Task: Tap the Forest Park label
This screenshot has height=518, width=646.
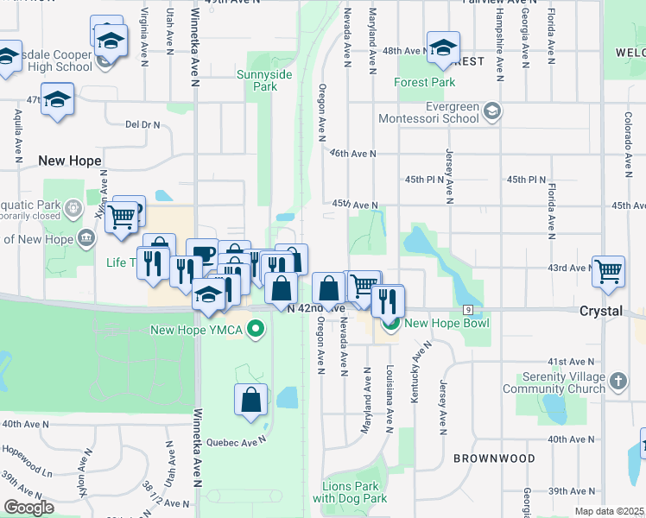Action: pos(424,83)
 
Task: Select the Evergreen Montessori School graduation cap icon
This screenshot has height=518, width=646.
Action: pos(492,111)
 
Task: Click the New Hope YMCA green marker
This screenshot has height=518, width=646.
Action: pos(255,329)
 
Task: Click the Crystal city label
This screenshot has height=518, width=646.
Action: pos(602,311)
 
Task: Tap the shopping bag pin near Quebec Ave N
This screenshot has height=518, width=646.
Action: pos(250,401)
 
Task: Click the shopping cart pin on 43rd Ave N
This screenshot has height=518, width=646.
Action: pos(609,270)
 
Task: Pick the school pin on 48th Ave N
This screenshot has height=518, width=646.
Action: pos(443,48)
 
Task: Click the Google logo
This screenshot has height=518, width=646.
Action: pos(29,508)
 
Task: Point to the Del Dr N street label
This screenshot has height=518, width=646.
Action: pos(142,125)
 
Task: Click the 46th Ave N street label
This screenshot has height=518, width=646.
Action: pos(353,154)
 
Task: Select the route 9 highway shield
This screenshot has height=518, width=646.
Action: pos(468,309)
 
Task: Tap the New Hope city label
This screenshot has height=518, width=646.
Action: pos(70,161)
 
